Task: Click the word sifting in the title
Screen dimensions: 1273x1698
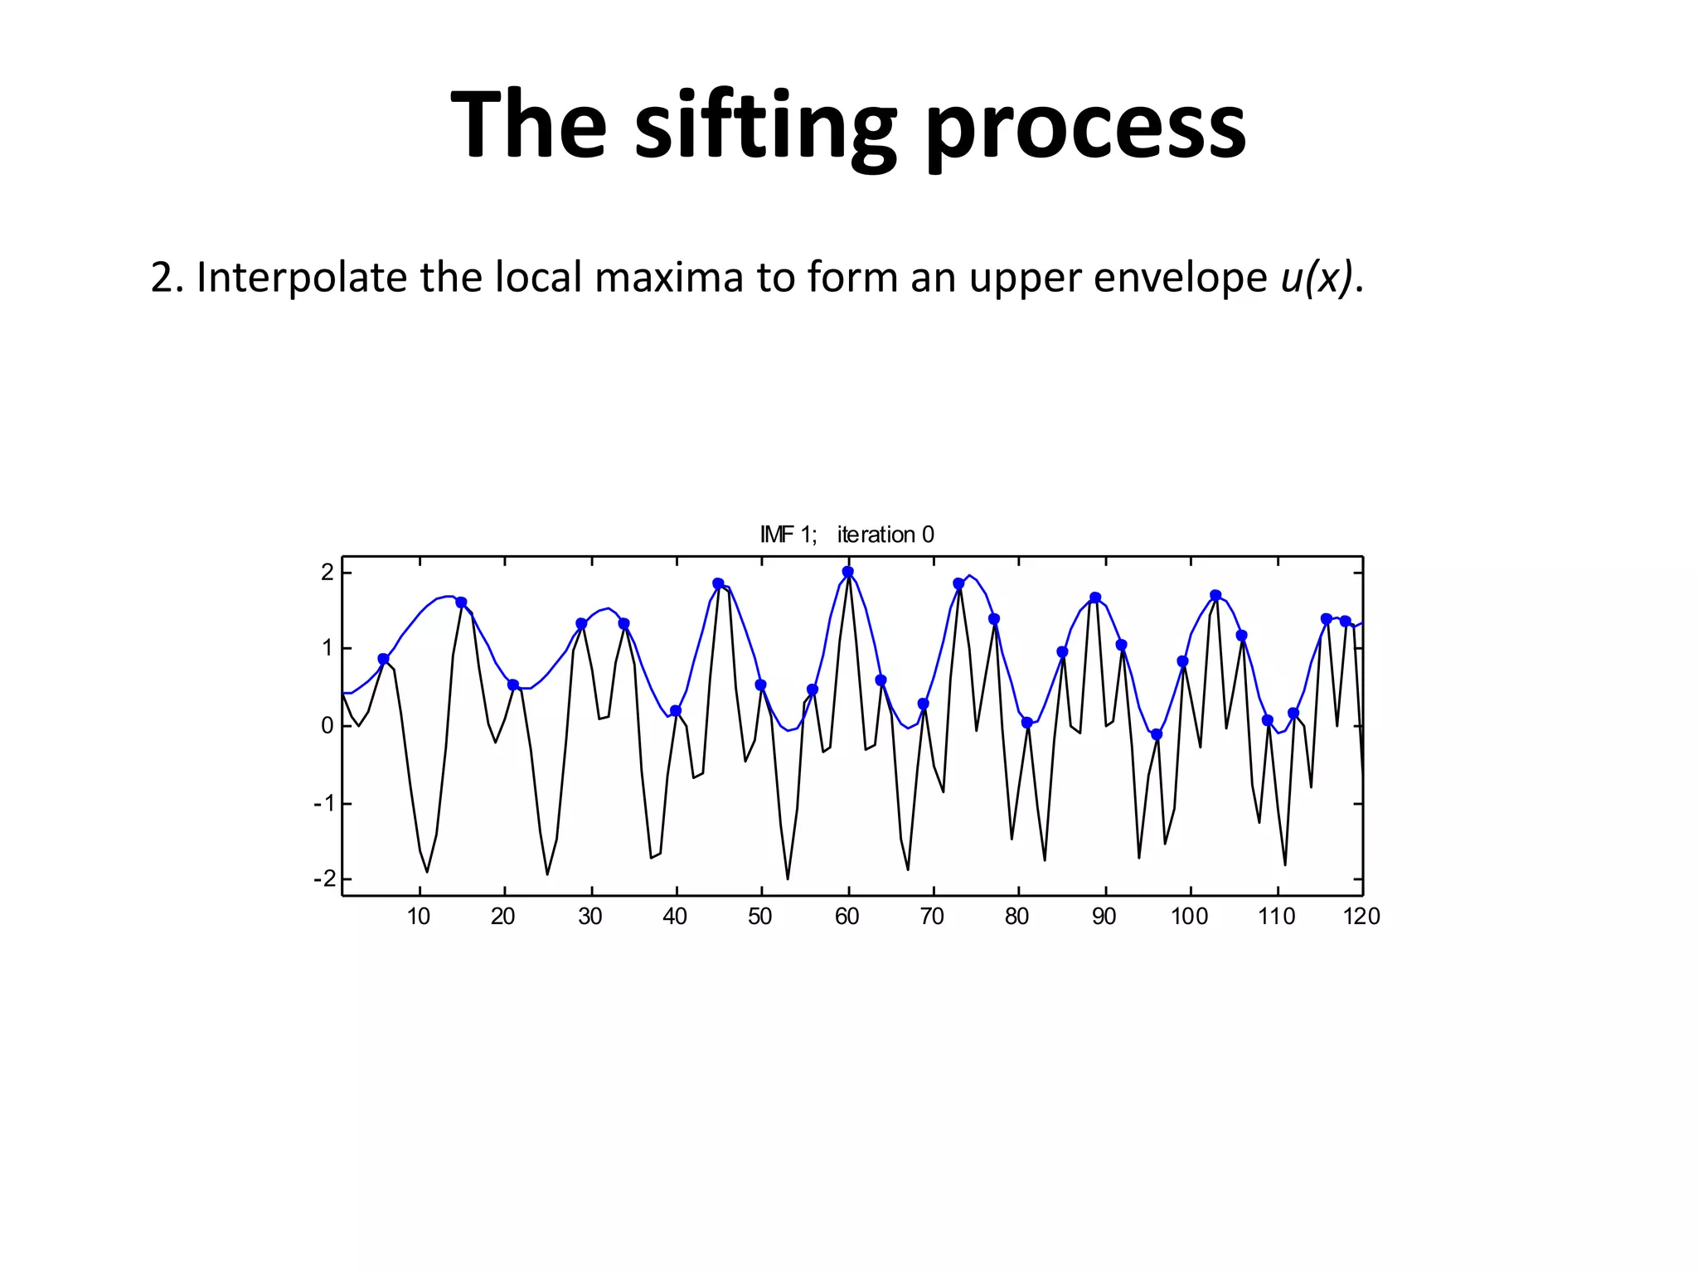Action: click(764, 126)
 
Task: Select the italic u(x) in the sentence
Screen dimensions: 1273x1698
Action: click(1316, 278)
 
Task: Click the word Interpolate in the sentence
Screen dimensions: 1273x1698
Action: click(302, 278)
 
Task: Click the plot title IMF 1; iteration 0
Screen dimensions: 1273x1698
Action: click(847, 535)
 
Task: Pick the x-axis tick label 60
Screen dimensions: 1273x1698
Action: click(847, 917)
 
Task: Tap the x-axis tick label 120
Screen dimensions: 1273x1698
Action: click(1361, 917)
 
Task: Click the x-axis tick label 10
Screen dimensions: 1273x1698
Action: click(419, 917)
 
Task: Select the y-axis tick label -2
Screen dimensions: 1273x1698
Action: click(324, 879)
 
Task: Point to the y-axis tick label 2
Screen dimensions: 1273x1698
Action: click(327, 572)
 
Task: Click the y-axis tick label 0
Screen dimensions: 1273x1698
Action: click(327, 726)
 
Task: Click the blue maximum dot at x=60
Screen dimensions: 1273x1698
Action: click(847, 572)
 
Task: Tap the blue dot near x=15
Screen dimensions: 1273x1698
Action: click(461, 603)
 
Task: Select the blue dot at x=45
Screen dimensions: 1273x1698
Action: click(718, 583)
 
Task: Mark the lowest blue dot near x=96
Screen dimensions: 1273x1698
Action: click(1157, 734)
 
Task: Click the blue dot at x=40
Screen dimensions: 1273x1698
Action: click(676, 711)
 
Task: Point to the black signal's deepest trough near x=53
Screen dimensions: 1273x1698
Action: click(788, 879)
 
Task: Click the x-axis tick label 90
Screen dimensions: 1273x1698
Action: click(1104, 917)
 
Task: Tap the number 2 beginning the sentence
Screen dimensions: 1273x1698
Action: click(162, 278)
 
